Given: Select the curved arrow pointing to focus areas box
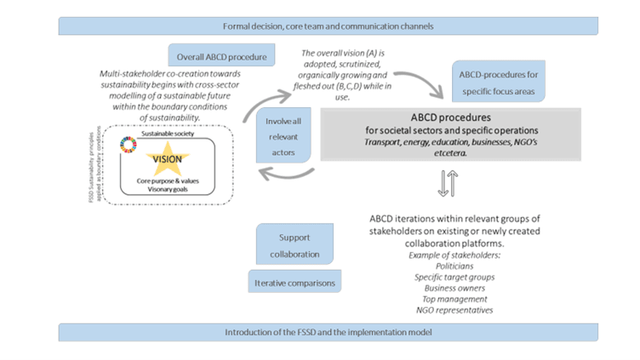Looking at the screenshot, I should point(421,79).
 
